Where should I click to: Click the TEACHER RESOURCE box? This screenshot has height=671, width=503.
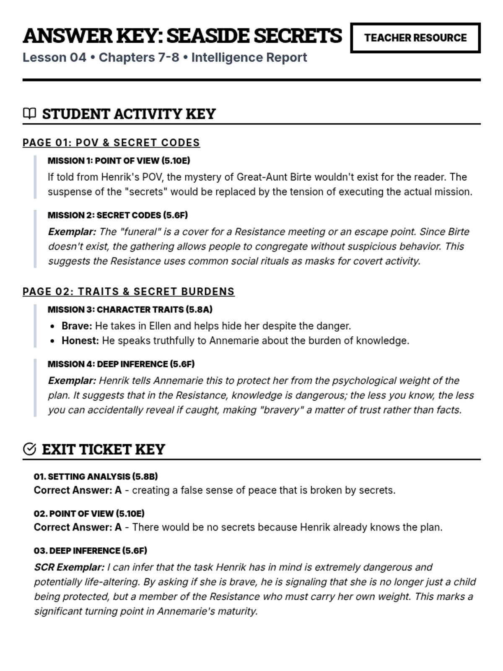pos(415,38)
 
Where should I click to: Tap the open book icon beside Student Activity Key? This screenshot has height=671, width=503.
pos(29,113)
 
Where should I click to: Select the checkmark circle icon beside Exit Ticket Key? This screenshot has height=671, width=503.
pos(29,449)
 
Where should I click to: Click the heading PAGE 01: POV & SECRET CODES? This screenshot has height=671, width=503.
pos(111,143)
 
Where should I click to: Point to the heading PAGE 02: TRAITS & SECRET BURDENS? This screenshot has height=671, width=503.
pos(128,291)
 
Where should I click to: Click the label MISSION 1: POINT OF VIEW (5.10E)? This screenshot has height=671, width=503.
pos(119,161)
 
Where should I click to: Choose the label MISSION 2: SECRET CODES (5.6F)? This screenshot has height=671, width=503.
pos(117,215)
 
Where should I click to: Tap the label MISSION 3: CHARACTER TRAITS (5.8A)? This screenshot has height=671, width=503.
pos(130,309)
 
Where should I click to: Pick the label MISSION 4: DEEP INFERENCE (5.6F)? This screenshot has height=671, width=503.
pos(121,364)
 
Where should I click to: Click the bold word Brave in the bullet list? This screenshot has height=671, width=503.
pos(76,326)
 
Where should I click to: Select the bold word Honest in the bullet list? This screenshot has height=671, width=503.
pos(79,341)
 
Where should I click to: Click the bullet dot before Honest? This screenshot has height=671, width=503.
pos(52,341)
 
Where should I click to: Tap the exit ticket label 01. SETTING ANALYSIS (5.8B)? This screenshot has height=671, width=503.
pos(96,476)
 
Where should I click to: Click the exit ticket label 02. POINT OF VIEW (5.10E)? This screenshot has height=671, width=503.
pos(89,513)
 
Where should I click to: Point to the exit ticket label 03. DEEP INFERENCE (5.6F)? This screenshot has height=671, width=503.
pos(90,550)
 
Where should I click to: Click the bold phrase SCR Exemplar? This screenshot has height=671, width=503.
pos(69,567)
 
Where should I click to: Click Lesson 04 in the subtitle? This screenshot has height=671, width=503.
pos(54,57)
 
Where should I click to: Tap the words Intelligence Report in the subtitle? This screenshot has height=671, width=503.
pos(249,57)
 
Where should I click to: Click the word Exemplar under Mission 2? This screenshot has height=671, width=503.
pos(71,231)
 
